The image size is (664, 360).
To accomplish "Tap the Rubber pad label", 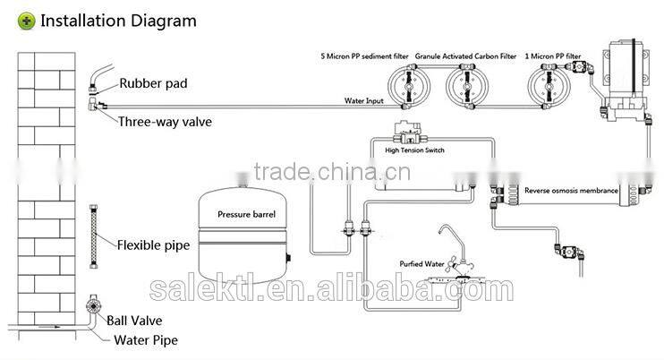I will [154, 85].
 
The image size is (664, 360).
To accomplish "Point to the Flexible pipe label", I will [154, 244].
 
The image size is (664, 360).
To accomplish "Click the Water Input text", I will [364, 100].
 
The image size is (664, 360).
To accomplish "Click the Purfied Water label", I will [421, 263].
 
